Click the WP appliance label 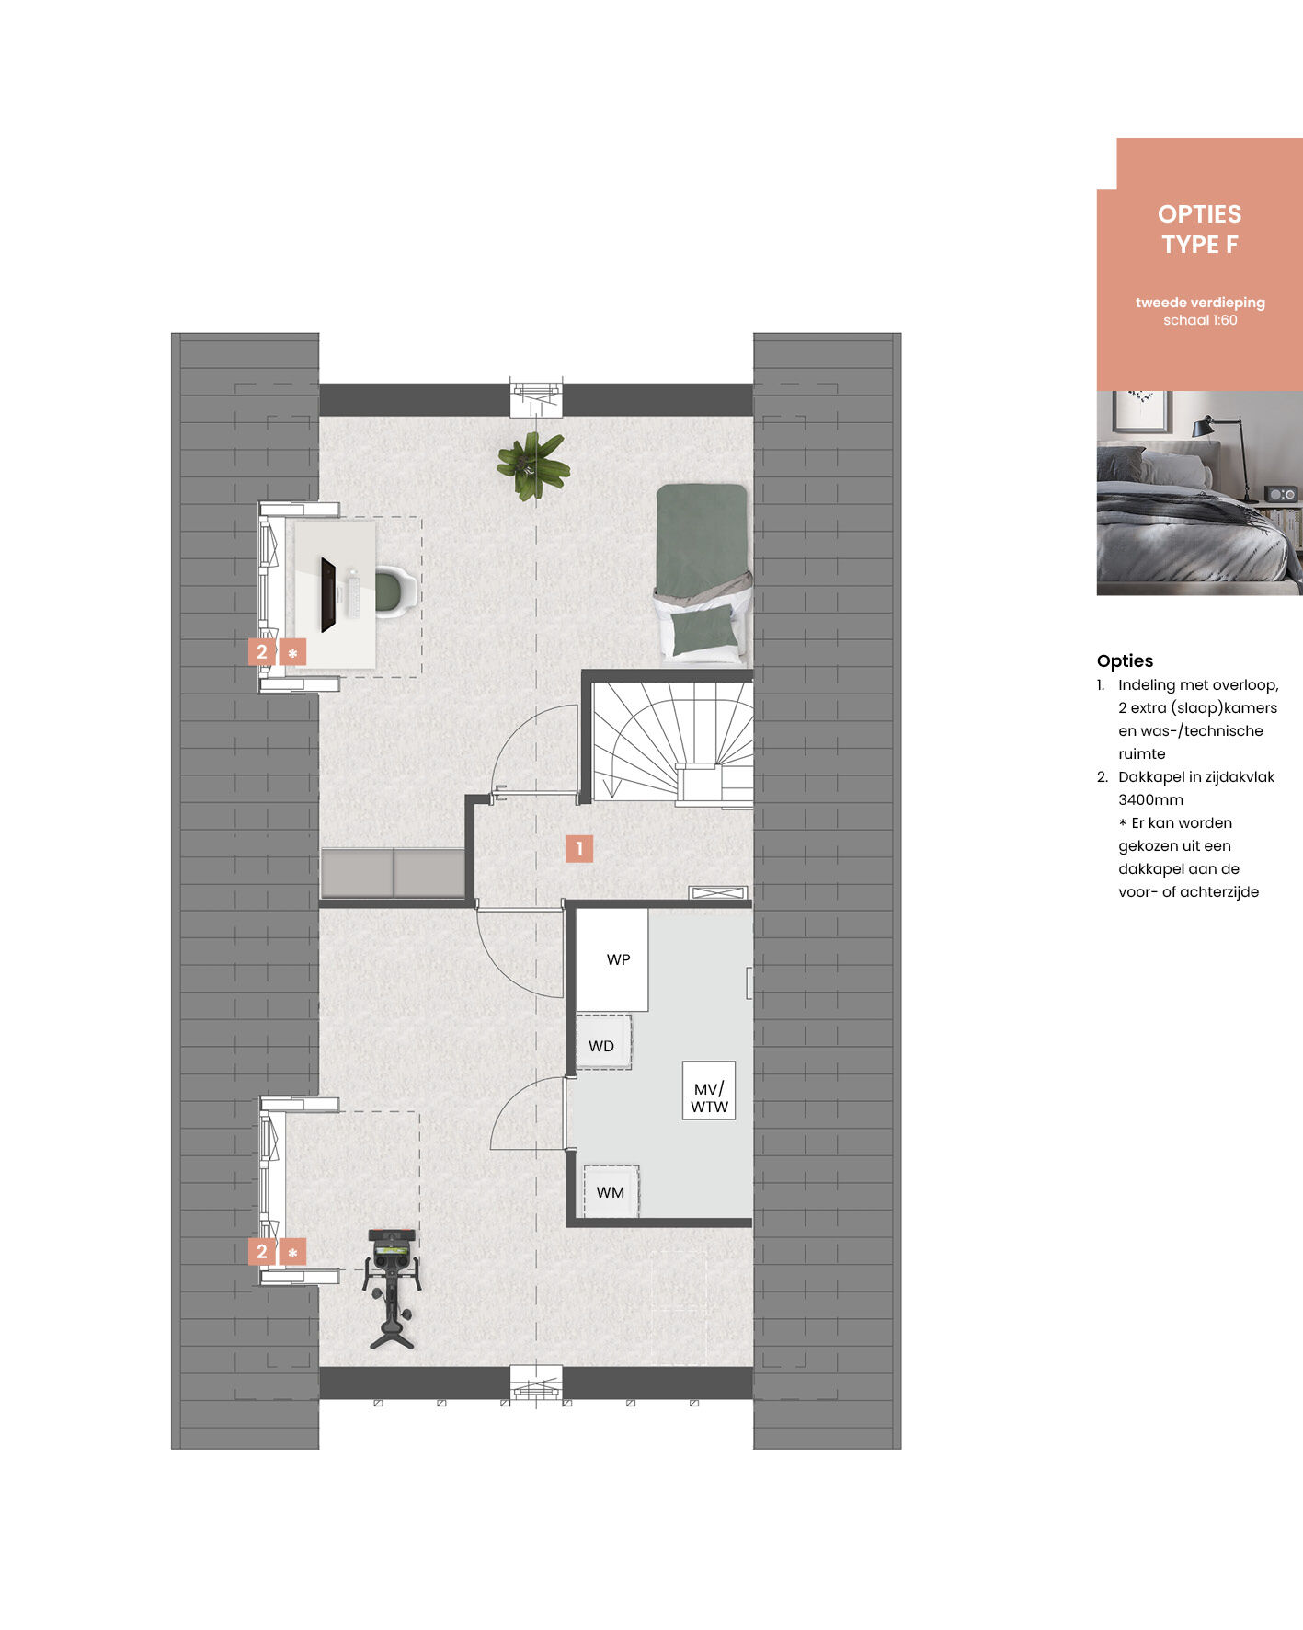point(618,959)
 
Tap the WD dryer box point(603,1042)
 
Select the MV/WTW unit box point(709,1091)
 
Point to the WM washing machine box point(611,1191)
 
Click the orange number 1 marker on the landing point(579,848)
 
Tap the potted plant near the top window point(532,465)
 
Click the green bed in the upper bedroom point(703,572)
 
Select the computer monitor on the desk point(328,594)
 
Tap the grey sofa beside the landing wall point(393,872)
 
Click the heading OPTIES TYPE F point(1200,229)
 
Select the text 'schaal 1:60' point(1200,320)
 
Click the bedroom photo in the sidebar point(1200,493)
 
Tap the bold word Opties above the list point(1125,660)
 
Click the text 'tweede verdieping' point(1200,303)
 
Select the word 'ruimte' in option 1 point(1142,753)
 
